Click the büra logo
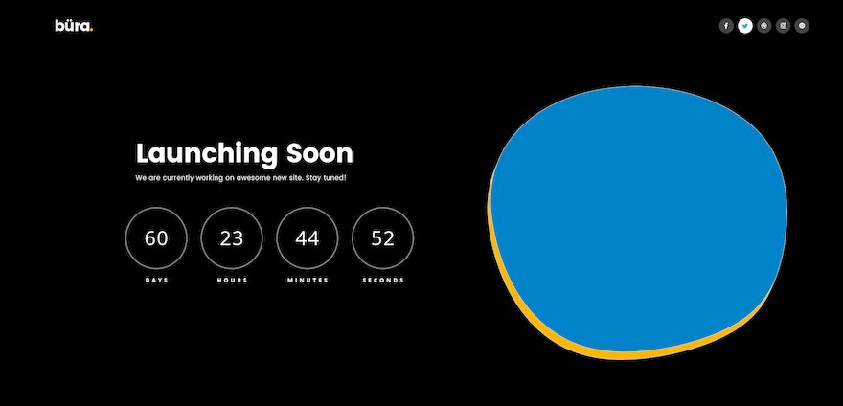[74, 25]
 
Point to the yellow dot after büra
[92, 30]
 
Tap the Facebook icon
[726, 26]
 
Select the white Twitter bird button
[745, 26]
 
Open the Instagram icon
[784, 26]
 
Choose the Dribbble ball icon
[764, 26]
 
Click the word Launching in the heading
[207, 154]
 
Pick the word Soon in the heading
[320, 153]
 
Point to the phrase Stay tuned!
[326, 178]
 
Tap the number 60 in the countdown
[156, 238]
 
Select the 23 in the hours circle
[232, 238]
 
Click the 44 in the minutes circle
[307, 238]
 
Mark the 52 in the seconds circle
[383, 238]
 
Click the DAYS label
[156, 281]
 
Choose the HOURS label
[232, 281]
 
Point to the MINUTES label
[308, 281]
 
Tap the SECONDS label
[383, 281]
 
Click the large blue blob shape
[639, 217]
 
